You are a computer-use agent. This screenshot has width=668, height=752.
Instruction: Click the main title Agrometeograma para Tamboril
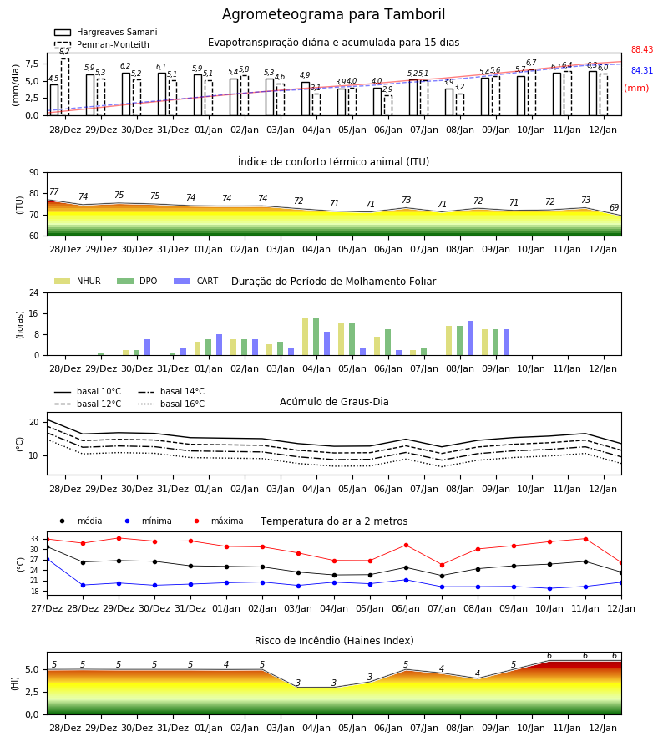tap(333, 14)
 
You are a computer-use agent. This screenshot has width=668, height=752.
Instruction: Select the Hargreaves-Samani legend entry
tap(106, 32)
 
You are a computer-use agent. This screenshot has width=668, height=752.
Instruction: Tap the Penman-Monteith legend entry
tap(102, 44)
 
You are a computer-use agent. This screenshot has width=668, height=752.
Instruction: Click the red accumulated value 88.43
tap(642, 49)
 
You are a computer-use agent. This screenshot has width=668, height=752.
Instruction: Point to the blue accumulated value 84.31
tap(642, 70)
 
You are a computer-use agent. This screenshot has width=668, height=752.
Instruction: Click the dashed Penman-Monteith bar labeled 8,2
tap(65, 87)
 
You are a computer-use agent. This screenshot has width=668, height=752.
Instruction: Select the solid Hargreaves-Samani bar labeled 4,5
tap(54, 100)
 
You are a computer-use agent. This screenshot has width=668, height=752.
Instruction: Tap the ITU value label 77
tap(54, 192)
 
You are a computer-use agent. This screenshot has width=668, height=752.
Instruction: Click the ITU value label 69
tap(614, 207)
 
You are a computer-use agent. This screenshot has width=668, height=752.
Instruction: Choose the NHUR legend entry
tap(78, 281)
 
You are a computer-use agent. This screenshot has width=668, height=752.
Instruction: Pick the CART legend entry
tap(196, 281)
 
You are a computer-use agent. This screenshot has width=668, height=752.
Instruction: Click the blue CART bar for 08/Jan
tap(471, 338)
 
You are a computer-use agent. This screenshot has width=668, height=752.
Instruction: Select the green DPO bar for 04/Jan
tap(316, 337)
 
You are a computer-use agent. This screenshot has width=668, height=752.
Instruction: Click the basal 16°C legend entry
tap(171, 404)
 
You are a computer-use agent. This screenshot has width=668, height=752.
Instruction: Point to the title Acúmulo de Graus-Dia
tap(334, 402)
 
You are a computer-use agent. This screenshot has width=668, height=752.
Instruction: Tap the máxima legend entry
tap(216, 521)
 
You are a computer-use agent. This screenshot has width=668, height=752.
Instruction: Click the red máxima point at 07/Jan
tap(442, 565)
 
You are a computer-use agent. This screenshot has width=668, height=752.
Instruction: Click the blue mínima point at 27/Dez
tap(47, 559)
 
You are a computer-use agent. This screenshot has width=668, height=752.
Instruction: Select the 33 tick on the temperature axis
tap(34, 539)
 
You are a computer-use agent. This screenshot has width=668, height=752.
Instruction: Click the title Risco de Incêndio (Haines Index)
tap(334, 640)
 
